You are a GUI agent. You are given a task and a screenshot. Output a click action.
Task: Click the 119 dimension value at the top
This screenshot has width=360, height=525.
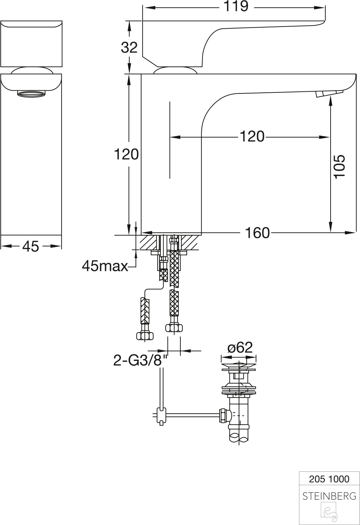click(x=236, y=6)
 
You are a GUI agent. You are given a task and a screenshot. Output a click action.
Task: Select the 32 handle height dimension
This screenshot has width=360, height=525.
click(x=129, y=47)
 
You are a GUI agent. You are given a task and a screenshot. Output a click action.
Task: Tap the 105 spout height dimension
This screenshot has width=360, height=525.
click(x=339, y=167)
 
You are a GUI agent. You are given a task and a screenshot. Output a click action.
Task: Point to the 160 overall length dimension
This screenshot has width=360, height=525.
click(x=257, y=233)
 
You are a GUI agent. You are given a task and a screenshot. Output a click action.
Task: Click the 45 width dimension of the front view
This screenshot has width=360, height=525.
click(x=31, y=246)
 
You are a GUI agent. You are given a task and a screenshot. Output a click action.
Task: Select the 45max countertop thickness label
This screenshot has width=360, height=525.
click(x=105, y=267)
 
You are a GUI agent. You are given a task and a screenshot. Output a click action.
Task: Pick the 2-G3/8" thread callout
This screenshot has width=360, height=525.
click(x=138, y=360)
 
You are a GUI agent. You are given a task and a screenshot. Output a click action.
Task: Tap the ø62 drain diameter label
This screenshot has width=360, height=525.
click(x=240, y=348)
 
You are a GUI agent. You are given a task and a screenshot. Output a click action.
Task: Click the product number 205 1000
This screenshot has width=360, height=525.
click(x=329, y=479)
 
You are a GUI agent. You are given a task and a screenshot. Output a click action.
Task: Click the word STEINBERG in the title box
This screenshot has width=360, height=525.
click(x=329, y=496)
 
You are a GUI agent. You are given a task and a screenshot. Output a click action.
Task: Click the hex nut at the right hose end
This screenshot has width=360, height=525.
click(x=174, y=328)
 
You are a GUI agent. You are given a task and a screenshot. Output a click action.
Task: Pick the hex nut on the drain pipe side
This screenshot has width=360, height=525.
click(x=223, y=415)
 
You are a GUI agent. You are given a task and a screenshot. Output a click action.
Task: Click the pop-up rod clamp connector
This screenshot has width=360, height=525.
click(x=161, y=415)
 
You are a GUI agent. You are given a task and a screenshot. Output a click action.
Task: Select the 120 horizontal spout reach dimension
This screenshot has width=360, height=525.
click(x=252, y=136)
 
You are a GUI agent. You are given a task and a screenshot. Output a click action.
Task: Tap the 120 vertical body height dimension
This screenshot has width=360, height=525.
click(x=126, y=154)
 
